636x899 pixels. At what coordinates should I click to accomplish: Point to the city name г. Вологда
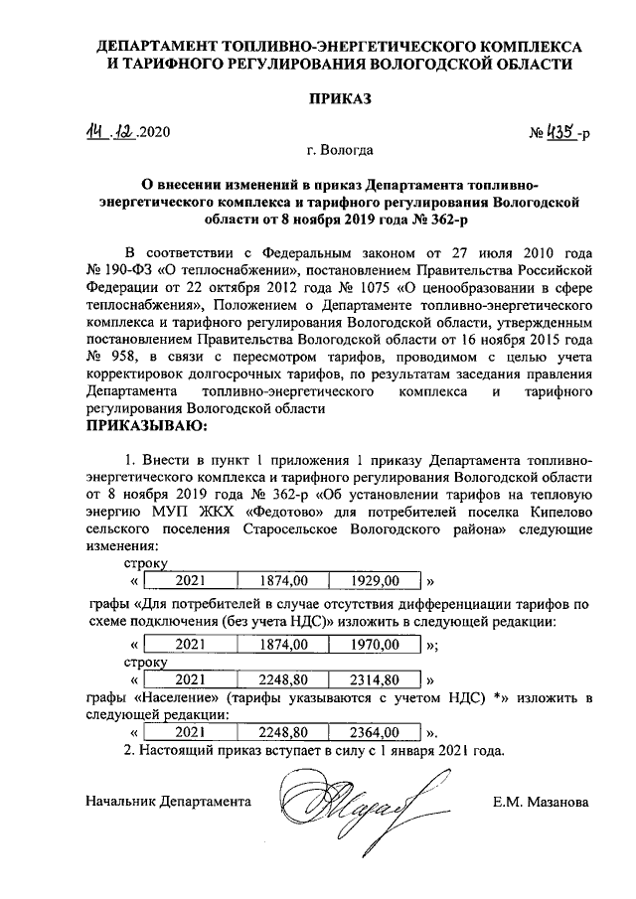click(341, 151)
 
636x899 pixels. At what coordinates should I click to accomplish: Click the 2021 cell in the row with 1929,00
click(190, 579)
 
